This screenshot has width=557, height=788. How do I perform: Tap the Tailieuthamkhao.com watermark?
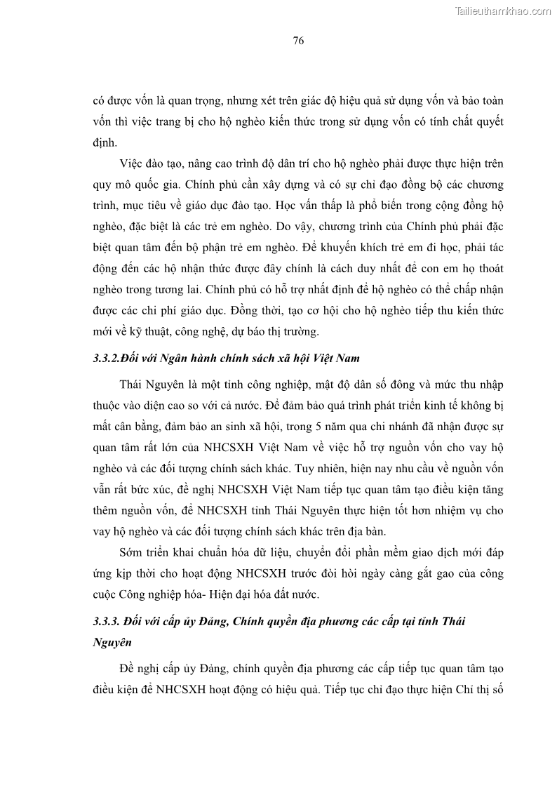pos(503,11)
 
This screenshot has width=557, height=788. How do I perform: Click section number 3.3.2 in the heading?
pos(106,358)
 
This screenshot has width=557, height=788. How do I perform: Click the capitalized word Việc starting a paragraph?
pos(131,163)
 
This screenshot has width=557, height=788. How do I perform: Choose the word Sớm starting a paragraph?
pos(132,553)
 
